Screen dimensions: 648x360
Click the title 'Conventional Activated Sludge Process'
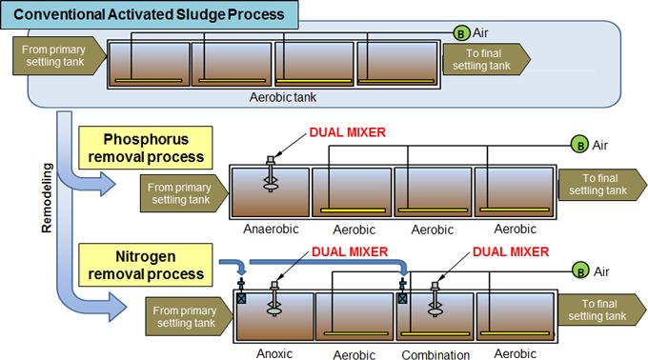(149, 14)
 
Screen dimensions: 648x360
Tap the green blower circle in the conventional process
(461, 33)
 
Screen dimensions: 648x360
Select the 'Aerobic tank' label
(283, 97)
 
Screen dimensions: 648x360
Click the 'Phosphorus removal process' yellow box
(146, 148)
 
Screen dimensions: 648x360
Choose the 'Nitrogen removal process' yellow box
(146, 265)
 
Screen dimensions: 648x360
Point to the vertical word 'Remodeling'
(47, 198)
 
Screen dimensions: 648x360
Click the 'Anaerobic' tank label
(271, 229)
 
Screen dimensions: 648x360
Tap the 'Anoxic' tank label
(274, 353)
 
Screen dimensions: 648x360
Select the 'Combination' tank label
(435, 354)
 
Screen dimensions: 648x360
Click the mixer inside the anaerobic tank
(271, 174)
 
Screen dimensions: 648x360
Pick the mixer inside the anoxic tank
(274, 299)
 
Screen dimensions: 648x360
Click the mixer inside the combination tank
(435, 299)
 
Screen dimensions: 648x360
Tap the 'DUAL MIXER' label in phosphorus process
(348, 132)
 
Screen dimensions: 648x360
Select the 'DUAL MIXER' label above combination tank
(511, 251)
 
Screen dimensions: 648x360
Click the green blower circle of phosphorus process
(579, 145)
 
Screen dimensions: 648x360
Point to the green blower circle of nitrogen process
(580, 270)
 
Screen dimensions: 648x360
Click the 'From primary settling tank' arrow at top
(59, 56)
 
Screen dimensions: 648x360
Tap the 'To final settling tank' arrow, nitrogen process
(601, 310)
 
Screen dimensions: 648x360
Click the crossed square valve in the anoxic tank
(241, 298)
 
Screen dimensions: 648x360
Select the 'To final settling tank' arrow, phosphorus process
(602, 185)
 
